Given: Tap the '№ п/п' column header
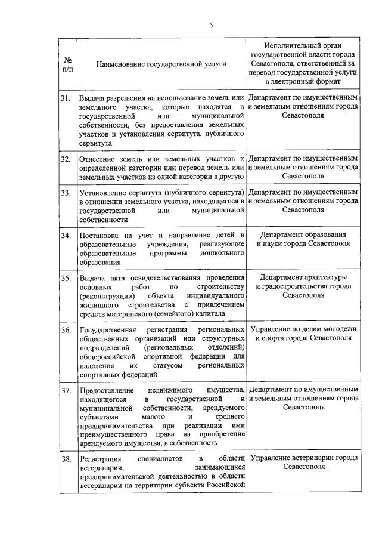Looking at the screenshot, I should tap(68, 64).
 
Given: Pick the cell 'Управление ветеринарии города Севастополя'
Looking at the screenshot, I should tap(303, 462).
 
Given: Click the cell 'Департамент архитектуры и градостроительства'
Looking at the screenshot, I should tap(303, 286).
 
